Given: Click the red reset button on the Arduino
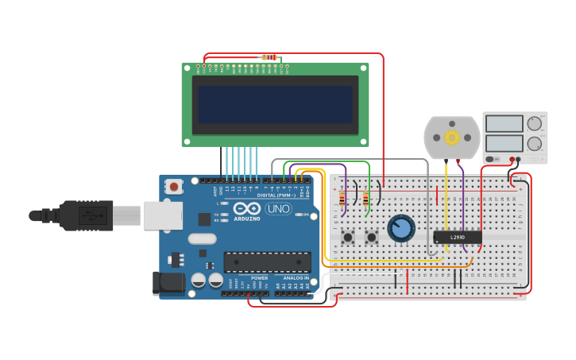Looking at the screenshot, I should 173,187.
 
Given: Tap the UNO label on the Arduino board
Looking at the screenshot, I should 278,209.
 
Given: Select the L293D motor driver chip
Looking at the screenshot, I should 458,237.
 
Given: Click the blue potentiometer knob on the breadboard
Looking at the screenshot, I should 401,229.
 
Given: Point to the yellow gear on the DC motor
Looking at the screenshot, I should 452,137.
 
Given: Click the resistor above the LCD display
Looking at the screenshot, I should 270,57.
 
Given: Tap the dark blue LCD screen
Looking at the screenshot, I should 275,104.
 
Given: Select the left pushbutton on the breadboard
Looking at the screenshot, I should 348,237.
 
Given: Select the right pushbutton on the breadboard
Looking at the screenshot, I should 371,237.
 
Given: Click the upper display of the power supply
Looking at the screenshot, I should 504,123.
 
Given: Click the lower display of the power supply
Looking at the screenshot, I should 504,144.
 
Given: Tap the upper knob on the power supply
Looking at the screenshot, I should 535,123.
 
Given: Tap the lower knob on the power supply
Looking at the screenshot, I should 535,144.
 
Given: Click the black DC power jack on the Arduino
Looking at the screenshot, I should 168,281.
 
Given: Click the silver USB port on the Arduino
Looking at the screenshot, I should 163,215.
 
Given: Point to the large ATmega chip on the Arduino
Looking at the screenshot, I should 267,261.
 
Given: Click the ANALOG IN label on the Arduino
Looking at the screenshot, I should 296,277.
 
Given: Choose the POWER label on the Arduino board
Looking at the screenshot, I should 259,277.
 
